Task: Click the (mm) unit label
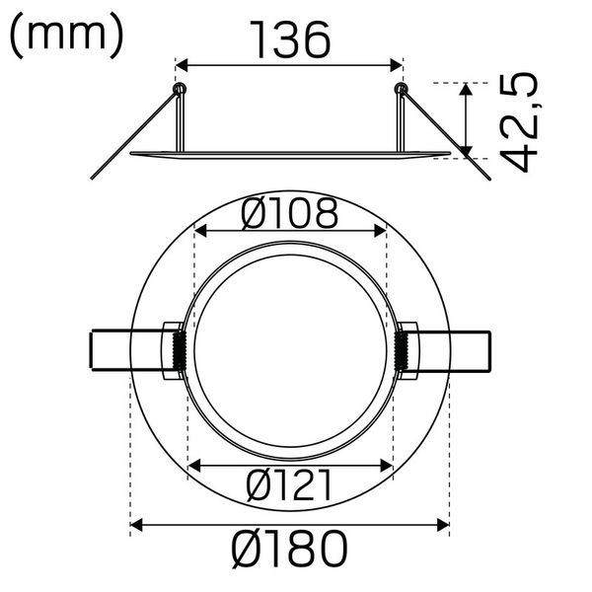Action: pyautogui.click(x=66, y=36)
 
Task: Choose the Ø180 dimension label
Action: pyautogui.click(x=289, y=549)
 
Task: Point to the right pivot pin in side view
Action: pyautogui.click(x=401, y=90)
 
